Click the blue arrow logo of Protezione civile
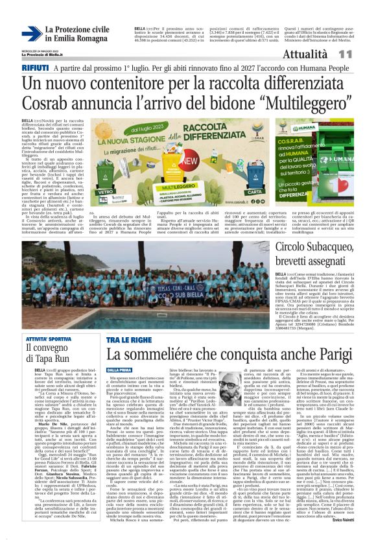32,33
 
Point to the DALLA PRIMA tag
102,368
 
